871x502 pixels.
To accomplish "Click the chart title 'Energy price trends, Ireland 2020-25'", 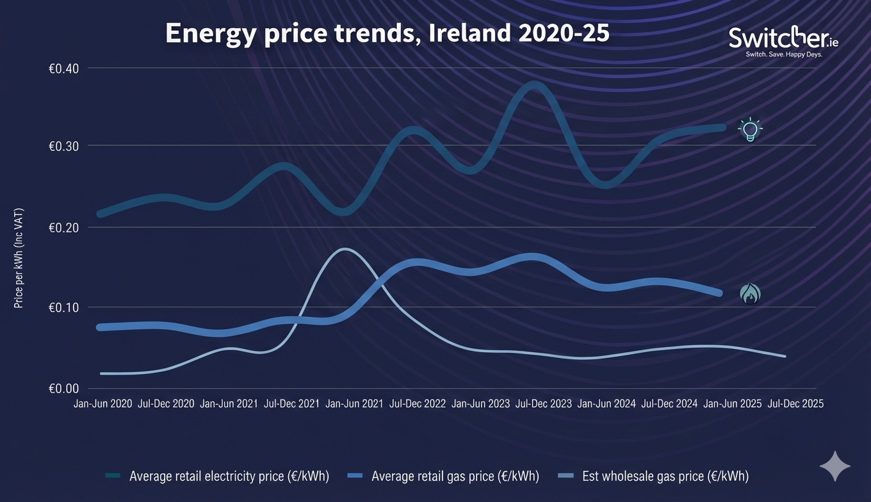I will (387, 34).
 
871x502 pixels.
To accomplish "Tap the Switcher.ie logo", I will (783, 39).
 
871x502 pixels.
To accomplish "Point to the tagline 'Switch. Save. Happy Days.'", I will (784, 55).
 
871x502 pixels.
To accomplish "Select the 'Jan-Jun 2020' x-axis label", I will (102, 404).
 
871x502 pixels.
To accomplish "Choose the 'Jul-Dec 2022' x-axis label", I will (418, 404).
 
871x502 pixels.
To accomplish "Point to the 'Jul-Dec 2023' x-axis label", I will (543, 404).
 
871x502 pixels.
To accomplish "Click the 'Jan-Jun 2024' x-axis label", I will (606, 404).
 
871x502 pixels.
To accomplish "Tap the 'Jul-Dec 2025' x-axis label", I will (795, 404).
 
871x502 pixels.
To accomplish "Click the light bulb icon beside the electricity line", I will (750, 129).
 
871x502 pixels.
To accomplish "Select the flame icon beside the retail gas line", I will (750, 294).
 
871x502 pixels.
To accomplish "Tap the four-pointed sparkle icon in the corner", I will (835, 466).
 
